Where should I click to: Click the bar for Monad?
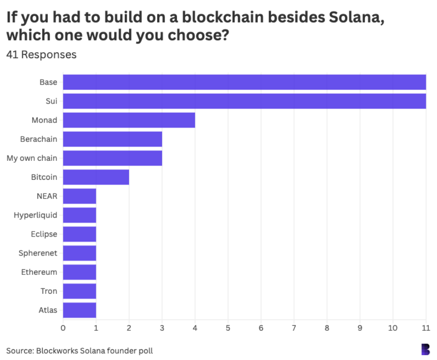[x=129, y=120]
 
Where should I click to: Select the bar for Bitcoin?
[x=96, y=177]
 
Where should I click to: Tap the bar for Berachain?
[x=113, y=139]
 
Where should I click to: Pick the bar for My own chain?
[x=113, y=158]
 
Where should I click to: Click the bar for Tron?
[x=80, y=291]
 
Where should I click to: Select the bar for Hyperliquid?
[x=80, y=215]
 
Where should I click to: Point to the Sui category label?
[x=51, y=101]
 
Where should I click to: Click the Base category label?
[x=48, y=82]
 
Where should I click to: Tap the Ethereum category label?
[x=39, y=272]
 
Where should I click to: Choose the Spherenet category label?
[x=38, y=253]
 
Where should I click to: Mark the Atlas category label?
[x=47, y=310]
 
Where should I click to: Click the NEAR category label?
[x=47, y=196]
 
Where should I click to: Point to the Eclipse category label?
[x=44, y=234]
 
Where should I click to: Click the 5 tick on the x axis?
[x=228, y=328]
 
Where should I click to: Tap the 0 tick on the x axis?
[x=63, y=328]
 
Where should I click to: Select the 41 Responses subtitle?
[x=41, y=55]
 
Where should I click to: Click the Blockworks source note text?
[x=79, y=350]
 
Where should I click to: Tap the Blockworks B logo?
[x=425, y=349]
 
